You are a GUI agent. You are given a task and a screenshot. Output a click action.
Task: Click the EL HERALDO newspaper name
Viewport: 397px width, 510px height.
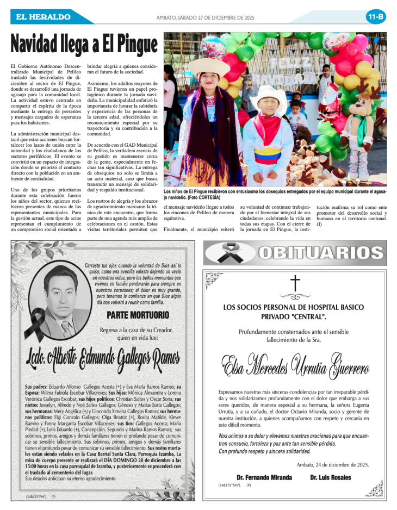pyautogui.click(x=43, y=17)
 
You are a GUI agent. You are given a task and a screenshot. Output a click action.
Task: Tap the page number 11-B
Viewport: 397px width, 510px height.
pyautogui.click(x=375, y=17)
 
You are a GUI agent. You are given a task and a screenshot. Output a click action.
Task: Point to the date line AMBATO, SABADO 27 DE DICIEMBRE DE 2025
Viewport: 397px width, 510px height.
pyautogui.click(x=205, y=17)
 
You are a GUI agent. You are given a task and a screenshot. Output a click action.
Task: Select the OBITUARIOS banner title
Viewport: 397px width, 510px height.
pyautogui.click(x=320, y=253)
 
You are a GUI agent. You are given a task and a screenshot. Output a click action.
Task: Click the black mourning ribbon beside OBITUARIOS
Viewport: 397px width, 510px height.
pyautogui.click(x=224, y=253)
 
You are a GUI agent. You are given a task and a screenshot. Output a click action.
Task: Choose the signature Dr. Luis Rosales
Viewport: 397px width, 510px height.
pyautogui.click(x=330, y=477)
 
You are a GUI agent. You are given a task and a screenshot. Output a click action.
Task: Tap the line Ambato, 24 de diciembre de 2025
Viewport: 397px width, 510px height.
pyautogui.click(x=333, y=464)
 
